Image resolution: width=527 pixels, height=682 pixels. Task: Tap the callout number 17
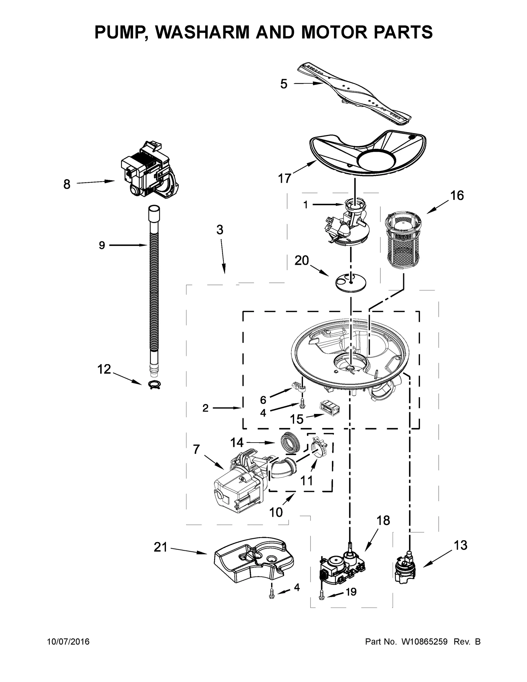coord(285,178)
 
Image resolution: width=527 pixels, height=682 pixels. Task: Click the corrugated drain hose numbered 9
coord(154,290)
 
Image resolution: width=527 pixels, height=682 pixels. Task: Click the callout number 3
coord(220,230)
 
